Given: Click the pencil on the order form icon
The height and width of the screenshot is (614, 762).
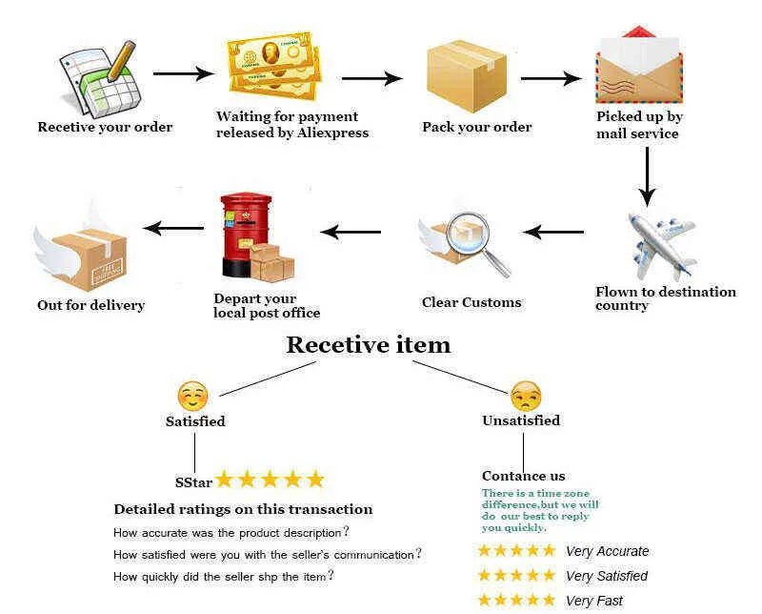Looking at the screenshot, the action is tap(121, 61).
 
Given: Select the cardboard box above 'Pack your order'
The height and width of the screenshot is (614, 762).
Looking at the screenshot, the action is tap(467, 76).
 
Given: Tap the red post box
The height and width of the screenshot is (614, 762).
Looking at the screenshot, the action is tap(246, 235).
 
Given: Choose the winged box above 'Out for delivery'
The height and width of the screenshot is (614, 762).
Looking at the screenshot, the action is tap(81, 252).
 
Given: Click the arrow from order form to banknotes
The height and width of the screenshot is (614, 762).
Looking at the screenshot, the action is tap(183, 74).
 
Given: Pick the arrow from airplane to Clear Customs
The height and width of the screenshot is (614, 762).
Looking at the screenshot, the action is tap(553, 232).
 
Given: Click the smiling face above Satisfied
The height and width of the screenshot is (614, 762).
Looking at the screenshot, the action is tap(192, 396).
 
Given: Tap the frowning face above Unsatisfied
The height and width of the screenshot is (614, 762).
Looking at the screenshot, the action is tap(526, 397).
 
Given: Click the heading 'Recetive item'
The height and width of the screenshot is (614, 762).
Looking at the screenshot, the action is tap(369, 345).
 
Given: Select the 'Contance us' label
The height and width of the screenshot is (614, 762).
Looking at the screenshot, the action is tap(523, 476).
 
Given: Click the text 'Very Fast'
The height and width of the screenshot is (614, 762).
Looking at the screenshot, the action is tap(593, 601).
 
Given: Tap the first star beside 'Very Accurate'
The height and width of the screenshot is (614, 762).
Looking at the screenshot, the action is tap(484, 550).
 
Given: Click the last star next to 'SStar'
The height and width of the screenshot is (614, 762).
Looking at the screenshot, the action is tap(315, 480).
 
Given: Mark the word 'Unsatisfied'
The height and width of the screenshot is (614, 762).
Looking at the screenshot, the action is tap(521, 420).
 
